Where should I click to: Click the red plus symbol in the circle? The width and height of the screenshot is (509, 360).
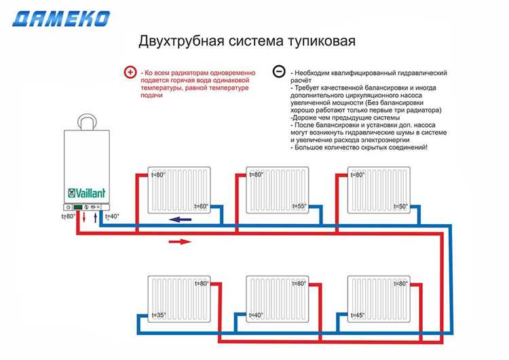coord(130,73)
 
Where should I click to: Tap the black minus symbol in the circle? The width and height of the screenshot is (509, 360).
coord(278,72)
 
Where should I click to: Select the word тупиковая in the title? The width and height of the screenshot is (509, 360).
coord(324,41)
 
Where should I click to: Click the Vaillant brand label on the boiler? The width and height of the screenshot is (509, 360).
coord(86,192)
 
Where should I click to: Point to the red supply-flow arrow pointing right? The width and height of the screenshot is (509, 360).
coord(180,240)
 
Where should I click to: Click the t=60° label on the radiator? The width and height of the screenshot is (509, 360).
coord(202,206)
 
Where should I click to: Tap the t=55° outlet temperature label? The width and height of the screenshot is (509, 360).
coord(299,206)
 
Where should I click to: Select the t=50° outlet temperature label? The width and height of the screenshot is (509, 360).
coord(400,206)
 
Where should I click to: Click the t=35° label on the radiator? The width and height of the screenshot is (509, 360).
coord(159,315)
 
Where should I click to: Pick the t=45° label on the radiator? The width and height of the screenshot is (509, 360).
coord(356,315)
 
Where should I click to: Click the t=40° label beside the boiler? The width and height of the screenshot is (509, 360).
coord(112,217)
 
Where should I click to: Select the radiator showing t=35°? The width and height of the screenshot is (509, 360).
coord(180,300)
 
